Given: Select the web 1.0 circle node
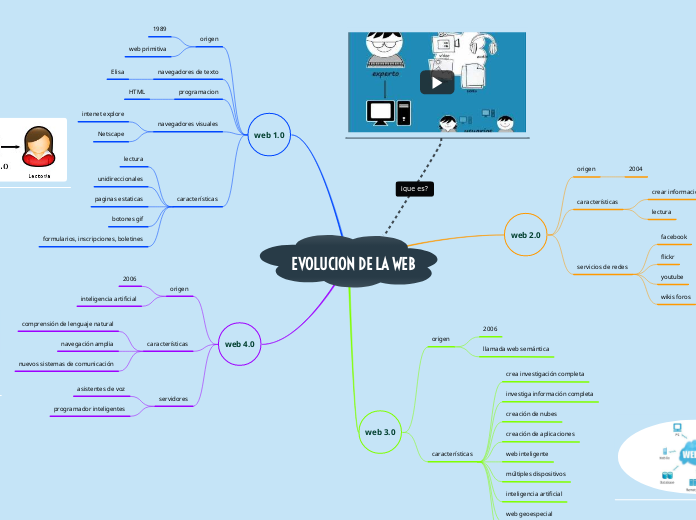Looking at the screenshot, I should [x=268, y=135].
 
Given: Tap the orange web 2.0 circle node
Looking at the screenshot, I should [x=526, y=235].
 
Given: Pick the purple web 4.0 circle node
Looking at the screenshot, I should [x=239, y=344].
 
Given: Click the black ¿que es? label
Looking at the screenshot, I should [x=415, y=188].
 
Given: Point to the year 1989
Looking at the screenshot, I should [x=159, y=29].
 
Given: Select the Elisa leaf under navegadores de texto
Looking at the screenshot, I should [x=118, y=73].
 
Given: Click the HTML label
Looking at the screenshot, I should [x=137, y=92].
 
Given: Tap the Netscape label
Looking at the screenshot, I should [x=111, y=133].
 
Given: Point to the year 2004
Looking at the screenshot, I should [x=635, y=169].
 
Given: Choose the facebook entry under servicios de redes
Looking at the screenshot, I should [x=673, y=237].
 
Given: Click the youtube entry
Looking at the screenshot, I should [x=672, y=276].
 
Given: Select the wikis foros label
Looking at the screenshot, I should [x=675, y=297].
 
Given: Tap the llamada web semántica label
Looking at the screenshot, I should [x=516, y=349].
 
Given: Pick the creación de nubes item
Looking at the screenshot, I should [x=531, y=413].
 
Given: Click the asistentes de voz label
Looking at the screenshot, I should [x=101, y=388].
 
